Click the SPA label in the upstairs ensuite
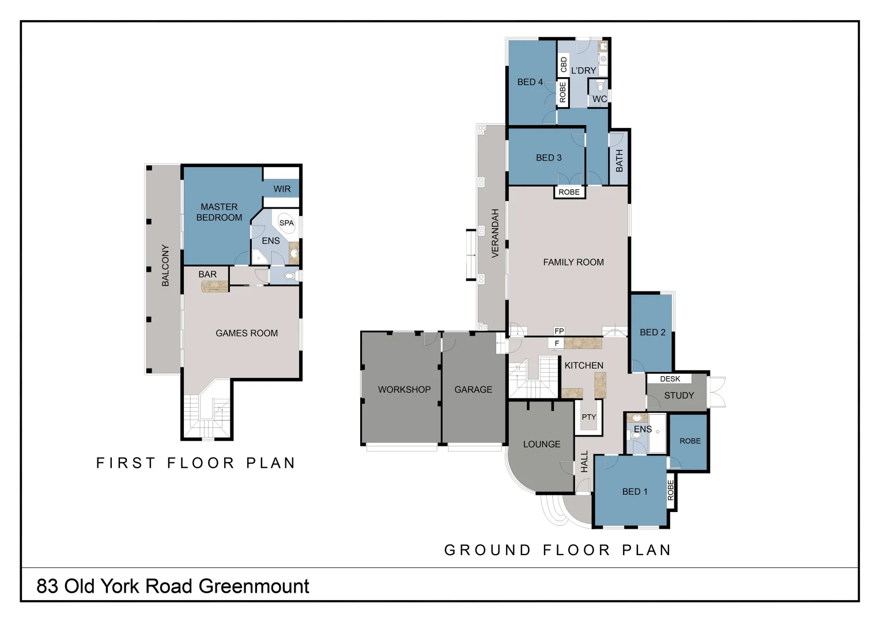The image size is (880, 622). click(286, 223)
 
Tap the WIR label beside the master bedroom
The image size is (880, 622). click(282, 189)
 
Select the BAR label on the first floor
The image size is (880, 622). click(207, 274)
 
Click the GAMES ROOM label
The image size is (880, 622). click(247, 333)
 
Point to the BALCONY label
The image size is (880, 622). click(165, 266)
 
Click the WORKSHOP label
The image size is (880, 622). click(404, 389)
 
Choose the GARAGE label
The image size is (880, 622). click(473, 389)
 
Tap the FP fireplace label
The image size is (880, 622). click(559, 331)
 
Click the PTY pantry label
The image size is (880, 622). click(588, 417)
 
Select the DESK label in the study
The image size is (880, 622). click(670, 379)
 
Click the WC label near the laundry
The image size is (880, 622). click(599, 99)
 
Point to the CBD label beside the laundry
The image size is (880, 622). click(564, 65)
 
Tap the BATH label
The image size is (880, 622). click(620, 161)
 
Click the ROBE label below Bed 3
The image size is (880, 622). click(569, 192)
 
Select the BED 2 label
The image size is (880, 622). click(652, 332)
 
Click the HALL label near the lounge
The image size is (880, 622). click(584, 462)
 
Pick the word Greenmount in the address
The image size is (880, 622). click(254, 586)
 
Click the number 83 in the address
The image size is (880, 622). click(47, 586)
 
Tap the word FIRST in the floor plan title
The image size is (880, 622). click(126, 463)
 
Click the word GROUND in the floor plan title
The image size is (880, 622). click(488, 550)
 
